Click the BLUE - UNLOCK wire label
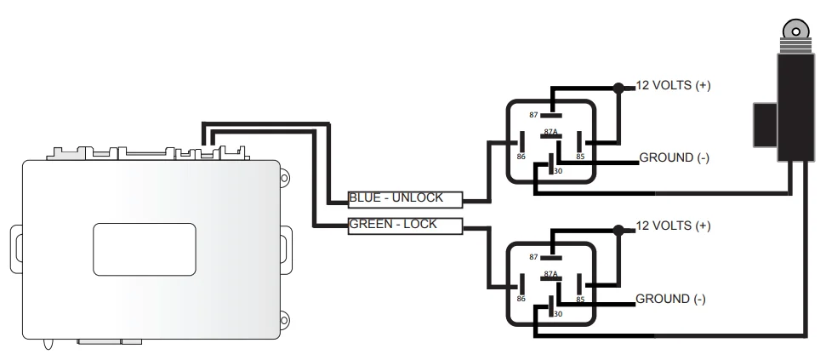tap(396, 198)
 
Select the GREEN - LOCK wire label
tap(393, 225)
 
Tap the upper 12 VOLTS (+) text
tap(674, 86)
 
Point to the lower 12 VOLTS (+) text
tap(674, 226)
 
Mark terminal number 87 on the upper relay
tap(533, 115)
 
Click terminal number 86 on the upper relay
tap(521, 157)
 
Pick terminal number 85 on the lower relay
tap(579, 299)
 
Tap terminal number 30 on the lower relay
tap(557, 314)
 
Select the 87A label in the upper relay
tap(550, 132)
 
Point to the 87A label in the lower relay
tap(550, 273)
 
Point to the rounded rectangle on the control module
tap(144, 249)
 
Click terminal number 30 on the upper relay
tap(557, 172)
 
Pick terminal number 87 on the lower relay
tap(533, 256)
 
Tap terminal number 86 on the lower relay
tap(521, 299)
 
